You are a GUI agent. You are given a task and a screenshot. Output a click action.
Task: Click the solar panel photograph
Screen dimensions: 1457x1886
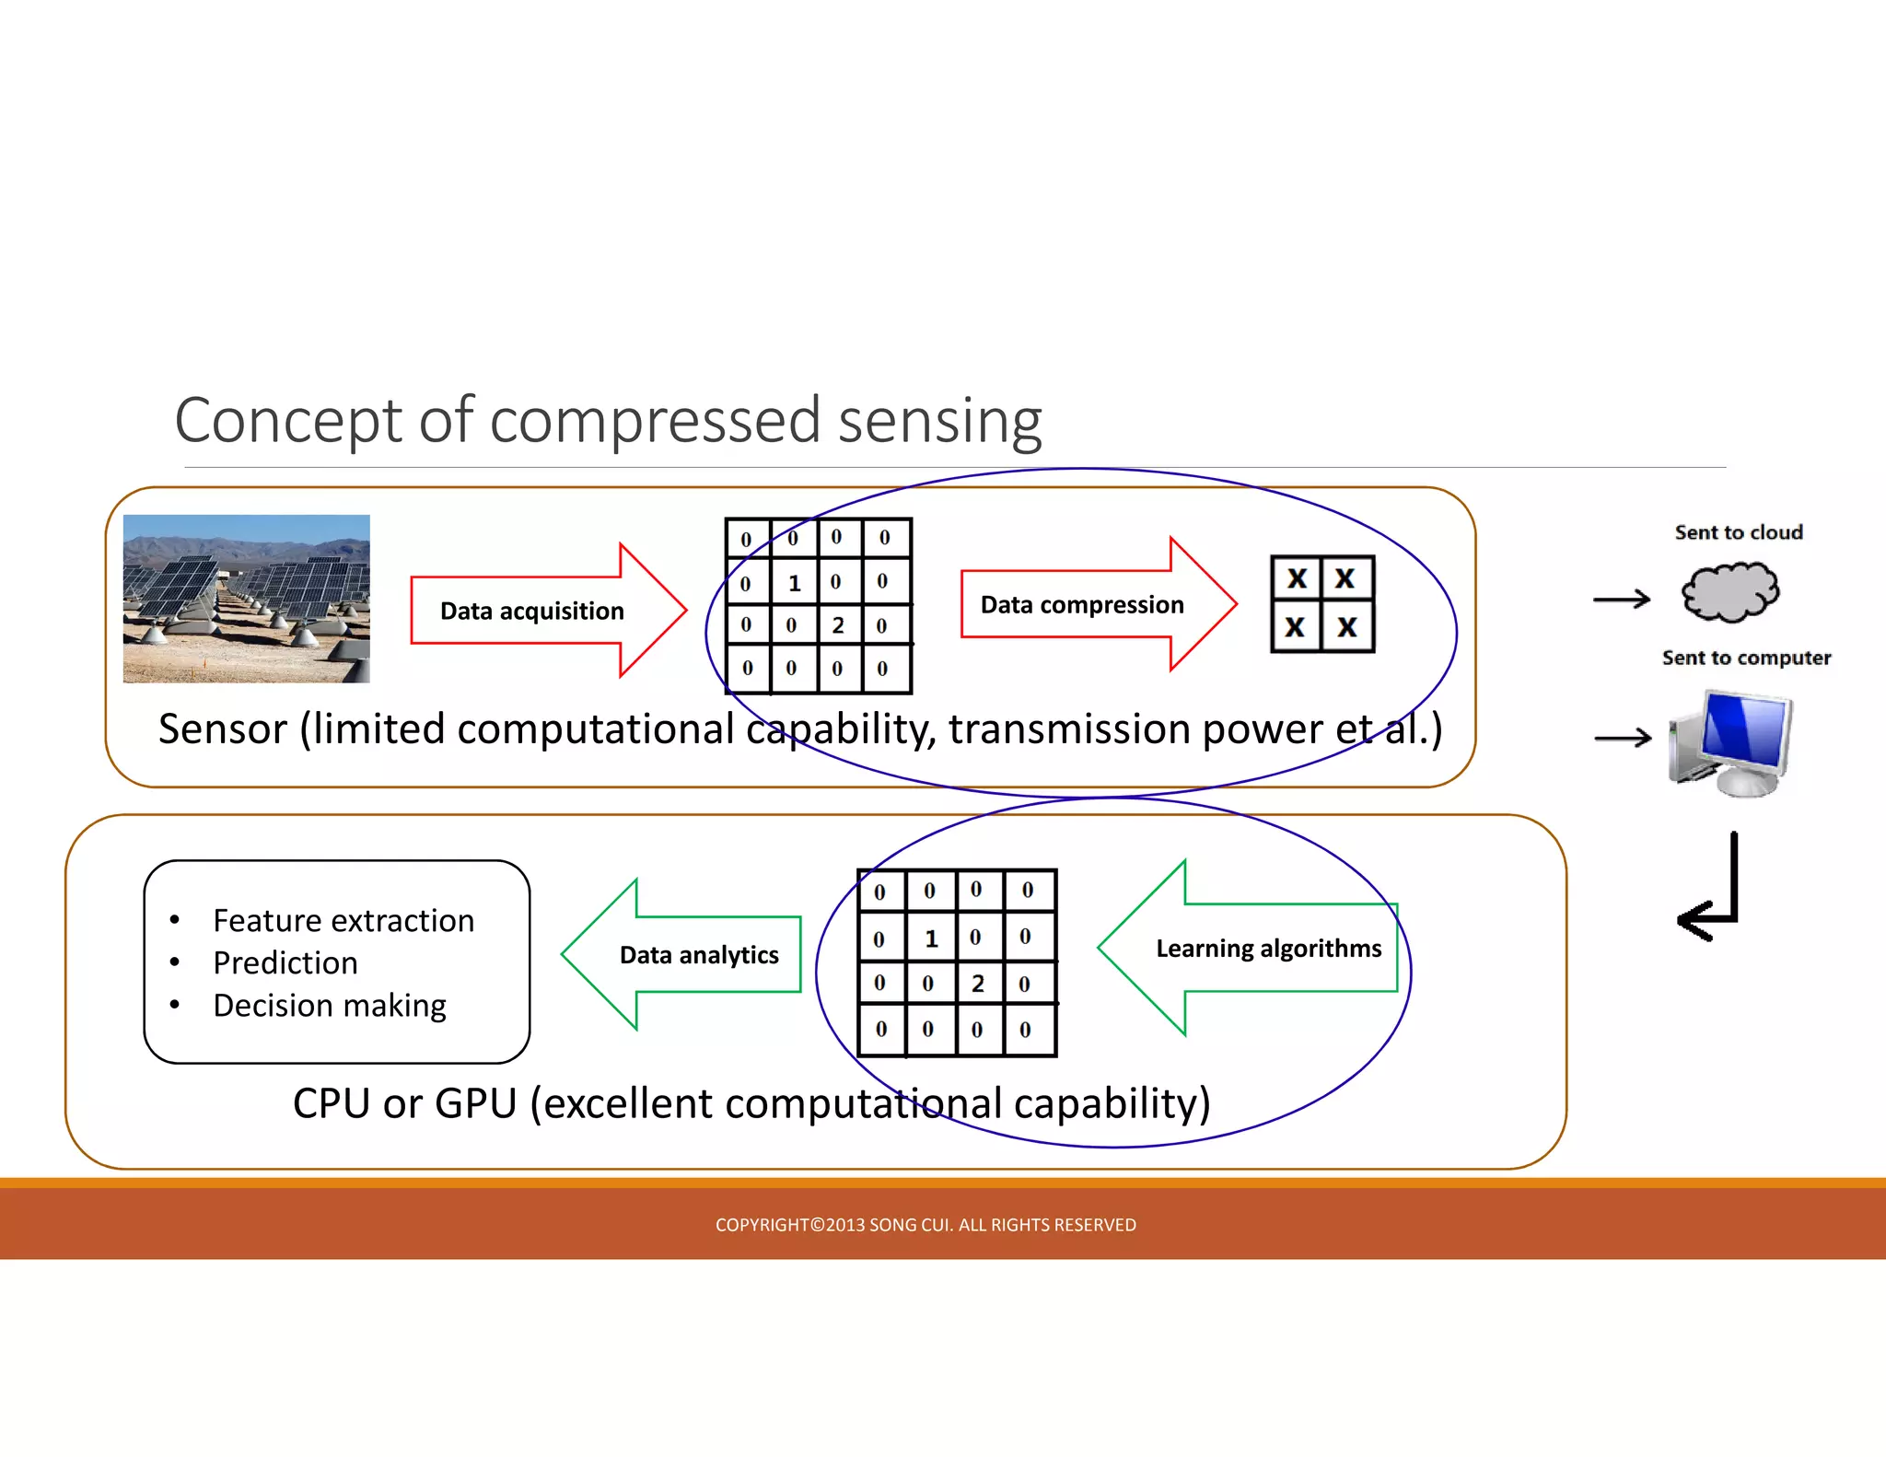click(246, 599)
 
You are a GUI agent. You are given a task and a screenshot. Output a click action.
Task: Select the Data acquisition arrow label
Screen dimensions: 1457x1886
click(531, 611)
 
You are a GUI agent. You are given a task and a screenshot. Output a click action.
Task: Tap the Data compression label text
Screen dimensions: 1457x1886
click(1081, 604)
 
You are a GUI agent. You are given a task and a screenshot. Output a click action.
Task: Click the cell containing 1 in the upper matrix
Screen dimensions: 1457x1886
click(794, 583)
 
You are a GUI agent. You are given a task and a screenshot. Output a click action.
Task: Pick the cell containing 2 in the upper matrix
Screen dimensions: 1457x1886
click(838, 625)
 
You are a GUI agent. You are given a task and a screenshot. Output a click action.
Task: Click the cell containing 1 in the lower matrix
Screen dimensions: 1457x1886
click(930, 938)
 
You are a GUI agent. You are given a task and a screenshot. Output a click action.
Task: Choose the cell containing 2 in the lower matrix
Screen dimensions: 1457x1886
click(978, 984)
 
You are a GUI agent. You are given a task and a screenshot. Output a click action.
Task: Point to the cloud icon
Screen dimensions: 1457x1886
click(1729, 592)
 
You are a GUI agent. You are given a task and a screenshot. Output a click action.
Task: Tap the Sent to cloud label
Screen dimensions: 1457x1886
click(1738, 532)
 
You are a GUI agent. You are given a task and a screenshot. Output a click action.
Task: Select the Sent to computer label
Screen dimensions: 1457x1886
click(1746, 658)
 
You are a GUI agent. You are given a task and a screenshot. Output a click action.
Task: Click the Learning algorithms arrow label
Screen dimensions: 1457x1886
click(1268, 949)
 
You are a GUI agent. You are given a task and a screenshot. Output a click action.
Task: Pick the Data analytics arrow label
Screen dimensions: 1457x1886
click(699, 955)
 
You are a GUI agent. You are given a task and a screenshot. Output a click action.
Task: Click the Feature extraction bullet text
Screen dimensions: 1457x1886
click(343, 920)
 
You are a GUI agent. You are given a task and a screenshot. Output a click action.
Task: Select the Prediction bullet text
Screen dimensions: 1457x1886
click(285, 962)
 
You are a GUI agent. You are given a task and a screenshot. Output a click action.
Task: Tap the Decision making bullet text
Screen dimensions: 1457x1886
click(329, 1005)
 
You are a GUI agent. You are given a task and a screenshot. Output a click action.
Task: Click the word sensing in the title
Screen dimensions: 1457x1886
click(939, 421)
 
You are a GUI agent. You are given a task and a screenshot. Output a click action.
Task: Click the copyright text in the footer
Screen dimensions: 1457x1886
click(926, 1225)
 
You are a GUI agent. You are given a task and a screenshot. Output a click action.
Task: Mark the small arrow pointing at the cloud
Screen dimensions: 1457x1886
click(1622, 600)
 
